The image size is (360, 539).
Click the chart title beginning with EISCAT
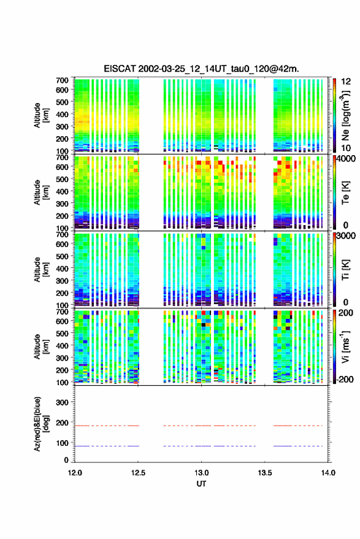202,69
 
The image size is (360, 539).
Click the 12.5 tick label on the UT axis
138,473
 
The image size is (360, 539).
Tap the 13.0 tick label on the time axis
202,473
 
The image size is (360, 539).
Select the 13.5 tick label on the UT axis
265,473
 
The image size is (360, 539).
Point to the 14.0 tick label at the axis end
328,473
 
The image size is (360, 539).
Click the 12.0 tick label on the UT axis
75,473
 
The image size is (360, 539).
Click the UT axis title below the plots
202,484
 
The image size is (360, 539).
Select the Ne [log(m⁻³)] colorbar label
345,115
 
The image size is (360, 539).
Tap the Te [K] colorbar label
345,193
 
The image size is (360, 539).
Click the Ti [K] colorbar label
345,270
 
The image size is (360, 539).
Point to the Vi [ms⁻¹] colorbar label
345,346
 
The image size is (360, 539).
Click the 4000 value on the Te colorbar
346,159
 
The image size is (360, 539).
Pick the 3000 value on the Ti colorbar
346,236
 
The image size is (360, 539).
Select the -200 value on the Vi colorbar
345,379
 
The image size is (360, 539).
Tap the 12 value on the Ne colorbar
346,82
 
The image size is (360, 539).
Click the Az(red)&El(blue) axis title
41,424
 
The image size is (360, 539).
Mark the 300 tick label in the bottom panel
62,402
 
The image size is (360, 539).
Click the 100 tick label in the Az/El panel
62,443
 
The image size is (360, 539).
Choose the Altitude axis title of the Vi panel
41,346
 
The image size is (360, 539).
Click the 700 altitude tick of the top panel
62,80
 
